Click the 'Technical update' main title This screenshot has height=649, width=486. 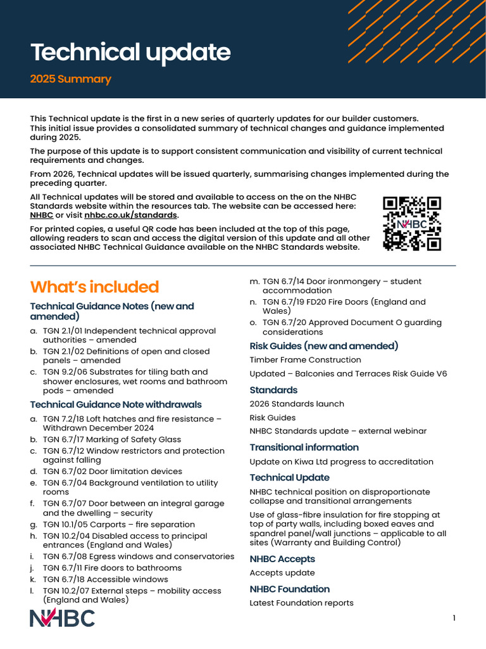(x=130, y=53)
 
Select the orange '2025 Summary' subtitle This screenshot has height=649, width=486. (x=71, y=79)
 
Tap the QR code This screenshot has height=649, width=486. (x=412, y=223)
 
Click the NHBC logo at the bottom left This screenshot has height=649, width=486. (x=63, y=618)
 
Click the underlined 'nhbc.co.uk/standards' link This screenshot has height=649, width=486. (x=131, y=215)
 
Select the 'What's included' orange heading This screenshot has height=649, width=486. (x=94, y=287)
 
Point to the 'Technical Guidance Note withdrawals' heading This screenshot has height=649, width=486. (x=116, y=404)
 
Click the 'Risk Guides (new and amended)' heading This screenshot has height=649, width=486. (x=323, y=346)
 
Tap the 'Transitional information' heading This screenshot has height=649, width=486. (x=304, y=447)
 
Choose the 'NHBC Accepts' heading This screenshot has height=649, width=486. (x=282, y=559)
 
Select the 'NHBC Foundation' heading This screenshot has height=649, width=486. (x=290, y=589)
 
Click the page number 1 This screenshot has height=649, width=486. (x=454, y=618)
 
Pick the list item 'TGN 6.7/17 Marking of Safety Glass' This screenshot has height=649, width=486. (x=111, y=439)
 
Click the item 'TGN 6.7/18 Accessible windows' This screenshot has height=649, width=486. (x=105, y=579)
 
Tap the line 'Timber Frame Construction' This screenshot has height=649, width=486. (x=305, y=360)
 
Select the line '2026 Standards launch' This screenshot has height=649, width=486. (x=297, y=404)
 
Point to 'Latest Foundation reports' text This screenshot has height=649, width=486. (x=301, y=603)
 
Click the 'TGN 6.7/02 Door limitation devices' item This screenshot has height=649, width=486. (x=112, y=472)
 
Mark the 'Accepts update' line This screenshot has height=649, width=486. (x=282, y=573)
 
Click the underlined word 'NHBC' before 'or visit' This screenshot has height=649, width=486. (x=42, y=215)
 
